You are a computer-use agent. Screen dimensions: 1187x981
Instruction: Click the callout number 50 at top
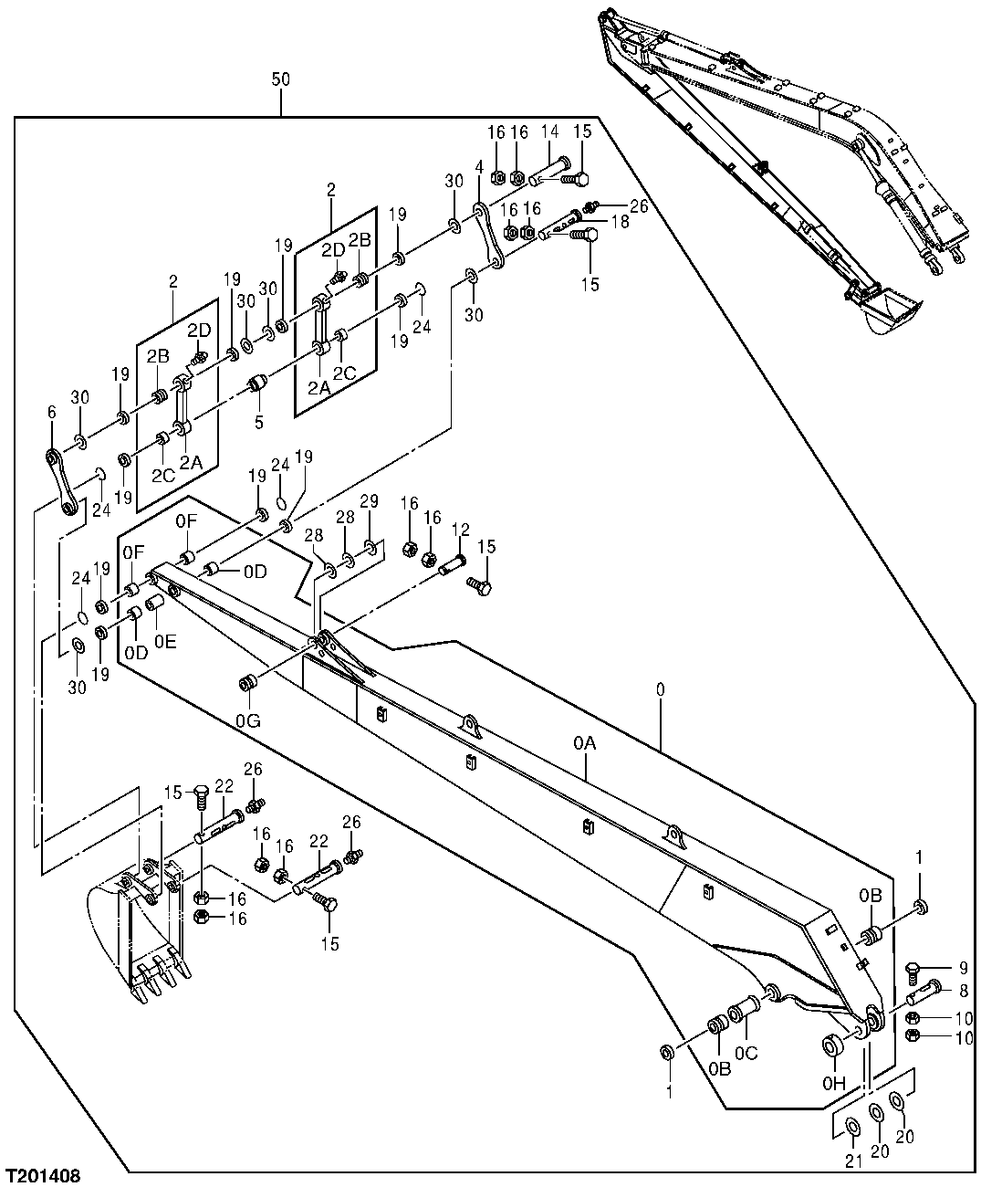[280, 80]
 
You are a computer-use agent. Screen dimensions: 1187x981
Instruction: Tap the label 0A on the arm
[584, 745]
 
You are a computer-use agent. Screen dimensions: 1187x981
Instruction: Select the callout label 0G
[246, 720]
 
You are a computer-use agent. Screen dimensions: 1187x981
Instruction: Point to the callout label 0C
[747, 1053]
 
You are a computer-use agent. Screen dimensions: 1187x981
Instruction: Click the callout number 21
[851, 1161]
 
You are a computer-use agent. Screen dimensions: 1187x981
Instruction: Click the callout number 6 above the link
[51, 413]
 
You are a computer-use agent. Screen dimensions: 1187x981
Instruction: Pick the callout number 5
[258, 422]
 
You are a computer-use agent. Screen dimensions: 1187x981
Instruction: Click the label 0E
[165, 641]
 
